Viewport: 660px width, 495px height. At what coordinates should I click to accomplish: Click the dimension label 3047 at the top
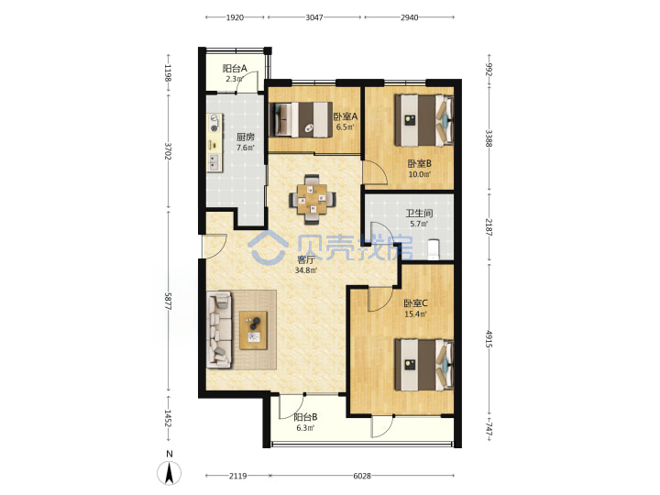[314, 17]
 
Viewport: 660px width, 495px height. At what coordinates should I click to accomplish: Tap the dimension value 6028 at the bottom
[362, 476]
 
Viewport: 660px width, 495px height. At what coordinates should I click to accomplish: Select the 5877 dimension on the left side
[169, 302]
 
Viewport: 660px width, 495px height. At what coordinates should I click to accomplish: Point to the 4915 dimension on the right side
[489, 338]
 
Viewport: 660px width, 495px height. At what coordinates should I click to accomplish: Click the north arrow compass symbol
[170, 472]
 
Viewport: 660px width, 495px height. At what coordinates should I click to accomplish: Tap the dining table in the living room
[313, 198]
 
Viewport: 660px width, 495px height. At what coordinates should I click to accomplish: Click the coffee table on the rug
[253, 330]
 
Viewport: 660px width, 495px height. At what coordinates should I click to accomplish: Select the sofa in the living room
[219, 330]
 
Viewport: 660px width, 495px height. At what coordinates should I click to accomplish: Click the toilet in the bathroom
[433, 249]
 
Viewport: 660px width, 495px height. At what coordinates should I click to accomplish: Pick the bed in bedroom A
[300, 119]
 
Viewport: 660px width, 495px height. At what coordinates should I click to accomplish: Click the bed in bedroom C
[423, 365]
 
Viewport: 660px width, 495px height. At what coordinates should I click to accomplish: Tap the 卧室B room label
[419, 163]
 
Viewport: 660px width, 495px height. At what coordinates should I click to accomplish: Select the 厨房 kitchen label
[246, 137]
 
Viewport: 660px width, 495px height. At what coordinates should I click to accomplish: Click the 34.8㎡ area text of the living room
[305, 270]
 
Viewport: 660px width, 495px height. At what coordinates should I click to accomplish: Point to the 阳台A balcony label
[235, 68]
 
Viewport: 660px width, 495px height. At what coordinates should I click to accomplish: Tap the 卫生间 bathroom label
[419, 213]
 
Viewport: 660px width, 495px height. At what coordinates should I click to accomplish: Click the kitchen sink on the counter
[214, 161]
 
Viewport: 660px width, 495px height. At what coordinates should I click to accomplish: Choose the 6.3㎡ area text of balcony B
[305, 428]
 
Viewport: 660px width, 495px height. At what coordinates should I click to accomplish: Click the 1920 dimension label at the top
[235, 17]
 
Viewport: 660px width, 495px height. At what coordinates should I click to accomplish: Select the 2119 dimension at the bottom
[237, 476]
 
